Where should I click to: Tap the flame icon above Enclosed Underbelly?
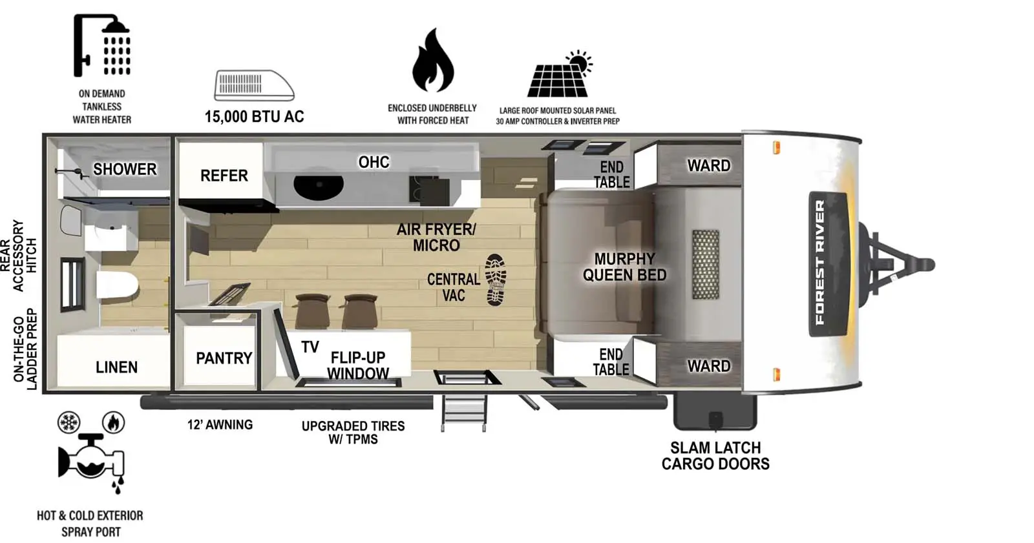pyautogui.click(x=432, y=61)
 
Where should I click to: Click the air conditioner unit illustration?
pyautogui.click(x=253, y=85)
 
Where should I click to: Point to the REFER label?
pyautogui.click(x=224, y=176)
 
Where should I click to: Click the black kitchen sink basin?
pyautogui.click(x=318, y=186)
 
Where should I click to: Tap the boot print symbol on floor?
pyautogui.click(x=496, y=279)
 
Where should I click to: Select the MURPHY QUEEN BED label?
pyautogui.click(x=624, y=267)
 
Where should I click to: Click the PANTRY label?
pyautogui.click(x=224, y=358)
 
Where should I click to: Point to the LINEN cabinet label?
pyautogui.click(x=116, y=367)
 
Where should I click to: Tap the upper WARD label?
pyautogui.click(x=708, y=166)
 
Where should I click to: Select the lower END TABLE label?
pyautogui.click(x=611, y=362)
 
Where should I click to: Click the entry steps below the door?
pyautogui.click(x=463, y=413)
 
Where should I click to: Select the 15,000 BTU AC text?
pyautogui.click(x=254, y=117)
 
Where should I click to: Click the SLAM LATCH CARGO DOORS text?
pyautogui.click(x=715, y=455)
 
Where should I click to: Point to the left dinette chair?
pyautogui.click(x=311, y=310)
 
